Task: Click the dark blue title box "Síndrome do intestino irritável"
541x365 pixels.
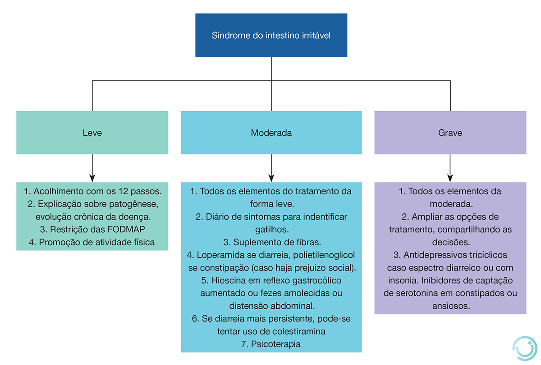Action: [271, 35]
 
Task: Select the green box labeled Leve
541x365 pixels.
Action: [92, 133]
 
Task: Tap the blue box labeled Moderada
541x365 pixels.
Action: [271, 133]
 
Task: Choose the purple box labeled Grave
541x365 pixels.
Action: [450, 133]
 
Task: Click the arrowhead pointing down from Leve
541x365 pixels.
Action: [92, 177]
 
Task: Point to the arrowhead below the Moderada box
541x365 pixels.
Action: [271, 177]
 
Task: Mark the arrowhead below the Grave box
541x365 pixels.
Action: [450, 177]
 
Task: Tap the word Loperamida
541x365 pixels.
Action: [221, 255]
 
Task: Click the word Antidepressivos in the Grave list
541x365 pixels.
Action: [433, 255]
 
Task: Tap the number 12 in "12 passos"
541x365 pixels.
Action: [125, 191]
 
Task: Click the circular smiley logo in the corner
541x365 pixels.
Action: [526, 348]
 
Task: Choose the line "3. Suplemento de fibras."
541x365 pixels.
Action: [271, 242]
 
